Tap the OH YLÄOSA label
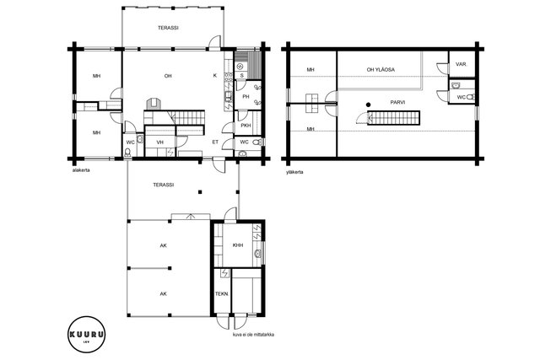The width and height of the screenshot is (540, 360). [x=381, y=70]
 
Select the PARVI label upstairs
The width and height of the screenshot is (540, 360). [x=397, y=103]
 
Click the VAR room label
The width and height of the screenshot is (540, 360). [x=461, y=64]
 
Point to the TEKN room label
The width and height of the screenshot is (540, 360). [x=221, y=294]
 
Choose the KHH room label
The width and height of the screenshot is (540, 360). [x=238, y=245]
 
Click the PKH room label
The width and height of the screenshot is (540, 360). [x=246, y=126]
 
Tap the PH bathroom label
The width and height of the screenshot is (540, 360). [x=246, y=97]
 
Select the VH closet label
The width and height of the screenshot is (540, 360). [x=159, y=142]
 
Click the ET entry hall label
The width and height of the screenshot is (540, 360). [x=215, y=142]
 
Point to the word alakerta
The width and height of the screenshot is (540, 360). [x=81, y=170]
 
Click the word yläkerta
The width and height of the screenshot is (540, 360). [x=294, y=172]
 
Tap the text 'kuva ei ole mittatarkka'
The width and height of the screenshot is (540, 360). [x=253, y=335]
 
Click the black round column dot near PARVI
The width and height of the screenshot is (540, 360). [x=369, y=105]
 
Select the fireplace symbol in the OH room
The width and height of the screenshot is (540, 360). [x=154, y=104]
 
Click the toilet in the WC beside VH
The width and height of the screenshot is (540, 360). [x=127, y=152]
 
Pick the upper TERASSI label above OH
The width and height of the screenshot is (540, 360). [x=168, y=28]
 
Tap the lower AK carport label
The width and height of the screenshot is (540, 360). [x=163, y=294]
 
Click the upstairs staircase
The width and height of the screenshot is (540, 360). [x=393, y=118]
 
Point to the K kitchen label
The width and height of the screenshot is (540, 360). [x=215, y=76]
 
